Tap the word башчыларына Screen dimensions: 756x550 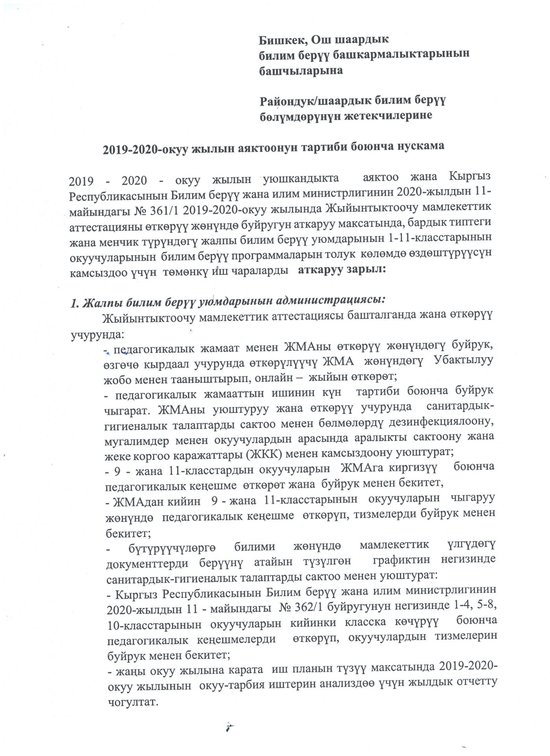(x=300, y=70)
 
